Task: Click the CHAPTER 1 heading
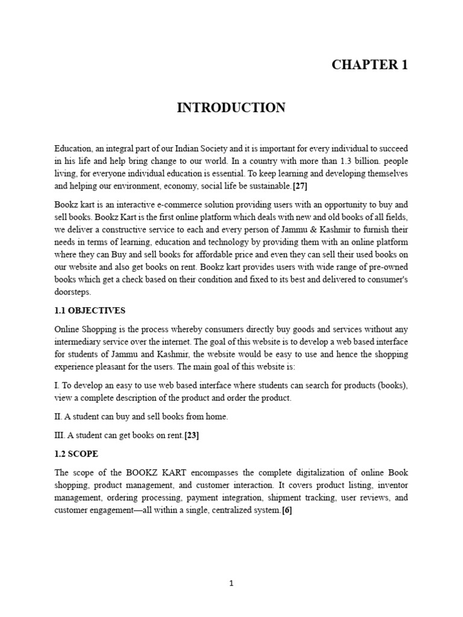[370, 66]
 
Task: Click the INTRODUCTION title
[231, 108]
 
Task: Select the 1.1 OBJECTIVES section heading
[90, 310]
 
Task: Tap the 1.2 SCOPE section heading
[76, 453]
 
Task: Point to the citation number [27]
[300, 186]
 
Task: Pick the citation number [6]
[287, 511]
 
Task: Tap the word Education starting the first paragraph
[72, 148]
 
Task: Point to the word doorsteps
[72, 292]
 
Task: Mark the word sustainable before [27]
[270, 186]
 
